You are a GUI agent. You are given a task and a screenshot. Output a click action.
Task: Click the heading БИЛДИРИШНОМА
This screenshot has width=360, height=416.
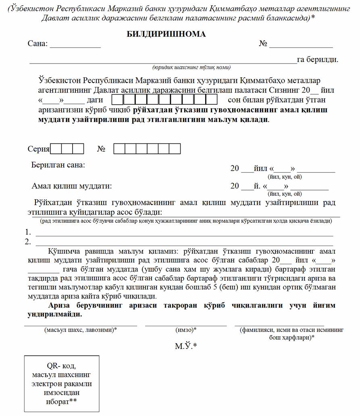click(x=166, y=34)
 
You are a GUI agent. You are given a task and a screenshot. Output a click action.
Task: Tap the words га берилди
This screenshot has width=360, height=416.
click(x=317, y=60)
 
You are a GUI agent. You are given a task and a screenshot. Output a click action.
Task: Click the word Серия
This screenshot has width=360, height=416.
click(x=38, y=149)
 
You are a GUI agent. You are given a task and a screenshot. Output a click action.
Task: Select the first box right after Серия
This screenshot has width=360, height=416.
click(x=56, y=149)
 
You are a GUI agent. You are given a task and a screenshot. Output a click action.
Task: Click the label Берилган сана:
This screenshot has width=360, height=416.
click(x=58, y=165)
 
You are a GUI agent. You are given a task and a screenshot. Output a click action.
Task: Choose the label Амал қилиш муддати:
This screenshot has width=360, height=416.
click(x=72, y=186)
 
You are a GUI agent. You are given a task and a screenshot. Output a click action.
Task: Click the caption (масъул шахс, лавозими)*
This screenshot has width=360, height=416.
click(x=81, y=330)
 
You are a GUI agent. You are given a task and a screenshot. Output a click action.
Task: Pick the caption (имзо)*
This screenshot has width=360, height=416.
click(x=186, y=330)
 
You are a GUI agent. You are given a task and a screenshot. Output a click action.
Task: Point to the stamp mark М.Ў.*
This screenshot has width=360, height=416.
click(x=185, y=346)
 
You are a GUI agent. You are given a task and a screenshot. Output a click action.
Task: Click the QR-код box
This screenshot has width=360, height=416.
click(x=62, y=383)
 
